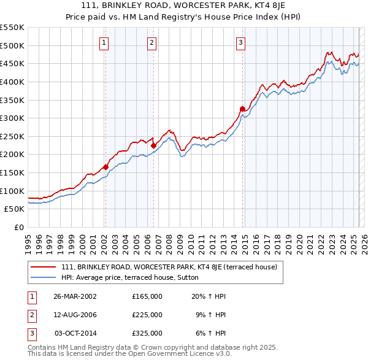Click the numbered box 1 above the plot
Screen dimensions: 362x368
coord(105,43)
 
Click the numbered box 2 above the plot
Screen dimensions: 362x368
coord(151,43)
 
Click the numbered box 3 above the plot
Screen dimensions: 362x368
coord(240,43)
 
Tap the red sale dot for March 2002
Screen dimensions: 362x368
coord(105,166)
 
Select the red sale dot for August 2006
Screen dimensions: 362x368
coord(153,145)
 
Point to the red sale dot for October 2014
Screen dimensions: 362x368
coord(242,109)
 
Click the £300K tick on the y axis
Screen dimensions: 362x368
coord(12,118)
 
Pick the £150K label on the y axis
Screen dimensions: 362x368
coord(12,172)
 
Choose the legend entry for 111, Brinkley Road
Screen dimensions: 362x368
coord(169,267)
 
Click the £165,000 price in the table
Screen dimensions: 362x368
coord(147,296)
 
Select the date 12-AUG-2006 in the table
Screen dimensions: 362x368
coord(75,314)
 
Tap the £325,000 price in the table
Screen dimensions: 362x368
coord(147,333)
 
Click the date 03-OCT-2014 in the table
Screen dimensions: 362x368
coord(75,333)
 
